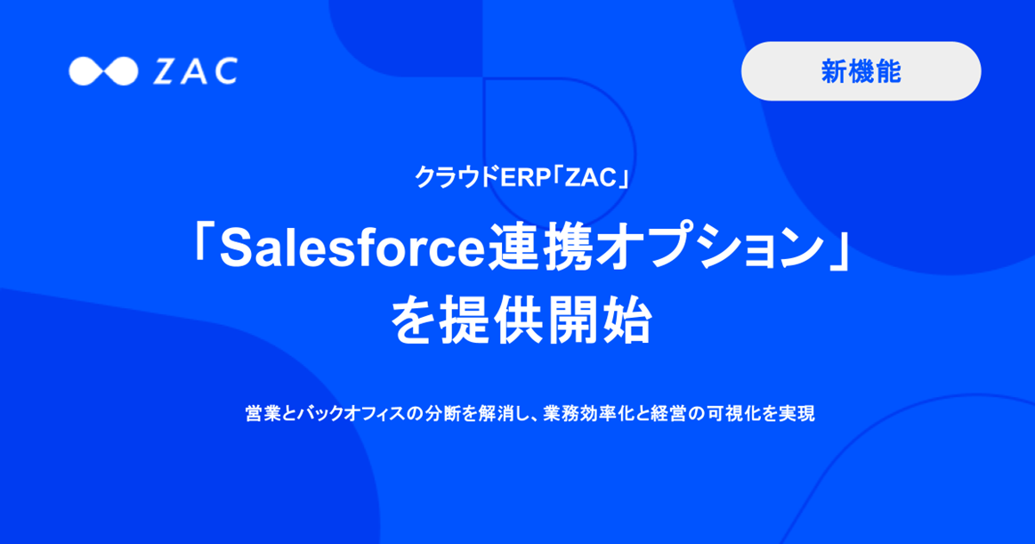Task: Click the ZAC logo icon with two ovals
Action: click(103, 71)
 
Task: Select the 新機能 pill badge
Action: click(861, 71)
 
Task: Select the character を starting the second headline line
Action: click(411, 321)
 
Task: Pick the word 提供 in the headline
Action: click(486, 321)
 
